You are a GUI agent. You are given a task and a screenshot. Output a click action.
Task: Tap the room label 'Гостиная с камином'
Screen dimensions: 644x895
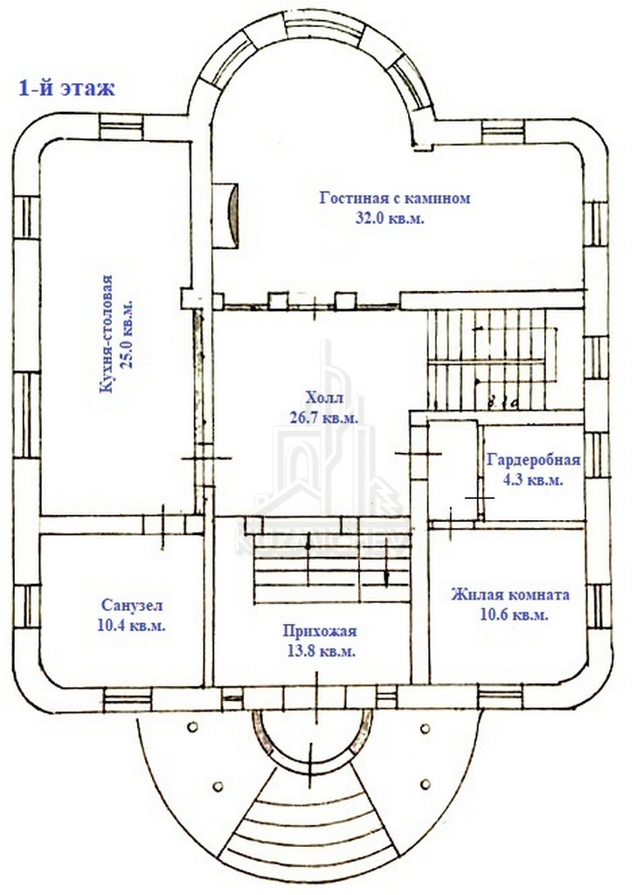tap(395, 198)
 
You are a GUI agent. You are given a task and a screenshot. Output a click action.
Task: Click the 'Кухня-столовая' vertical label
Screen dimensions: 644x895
tap(107, 336)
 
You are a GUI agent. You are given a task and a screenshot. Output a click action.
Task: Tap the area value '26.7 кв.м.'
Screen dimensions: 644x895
tap(322, 419)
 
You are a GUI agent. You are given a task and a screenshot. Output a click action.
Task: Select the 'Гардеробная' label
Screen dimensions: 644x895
tap(533, 461)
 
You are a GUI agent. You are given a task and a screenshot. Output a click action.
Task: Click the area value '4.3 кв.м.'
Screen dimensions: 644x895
tap(533, 480)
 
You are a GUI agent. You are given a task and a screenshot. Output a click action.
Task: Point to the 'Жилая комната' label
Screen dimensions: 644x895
tap(510, 595)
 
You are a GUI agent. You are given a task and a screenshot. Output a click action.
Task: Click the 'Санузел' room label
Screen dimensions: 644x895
tap(132, 605)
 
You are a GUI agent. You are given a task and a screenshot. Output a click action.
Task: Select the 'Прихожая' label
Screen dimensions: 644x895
tap(319, 632)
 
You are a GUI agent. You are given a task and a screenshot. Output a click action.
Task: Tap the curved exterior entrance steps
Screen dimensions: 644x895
tap(306, 826)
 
